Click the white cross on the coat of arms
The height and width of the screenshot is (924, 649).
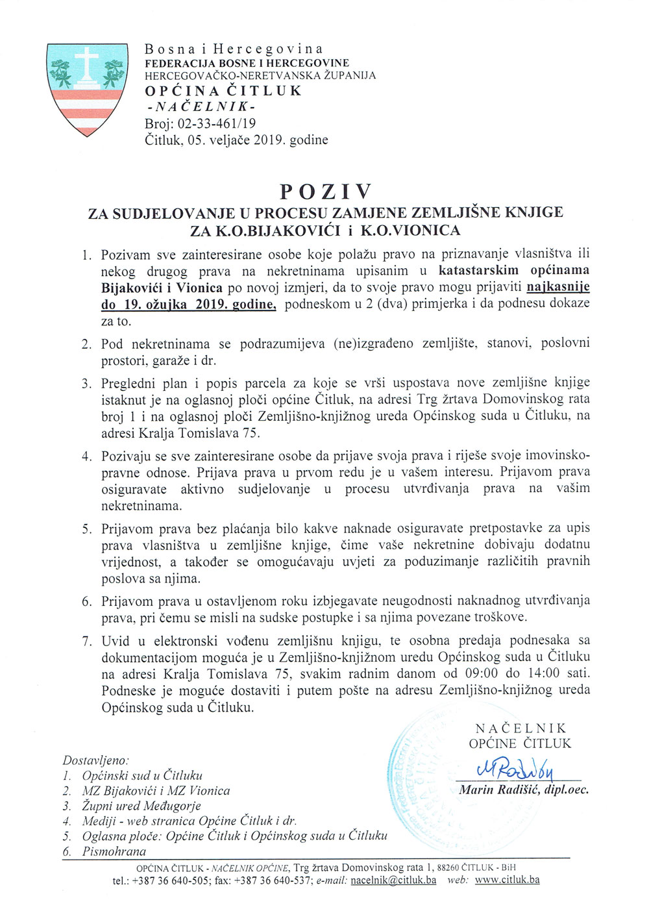click(x=87, y=65)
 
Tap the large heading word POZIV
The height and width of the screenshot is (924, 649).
click(x=326, y=192)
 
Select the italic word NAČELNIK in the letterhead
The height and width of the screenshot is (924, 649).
click(x=201, y=106)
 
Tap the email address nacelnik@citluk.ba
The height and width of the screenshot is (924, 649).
click(x=393, y=880)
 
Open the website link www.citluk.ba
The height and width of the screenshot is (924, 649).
click(x=507, y=880)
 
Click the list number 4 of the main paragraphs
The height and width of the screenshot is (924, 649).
click(x=86, y=456)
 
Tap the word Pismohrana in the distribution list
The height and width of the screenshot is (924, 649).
click(x=114, y=851)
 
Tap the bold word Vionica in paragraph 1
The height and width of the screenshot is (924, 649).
click(x=201, y=287)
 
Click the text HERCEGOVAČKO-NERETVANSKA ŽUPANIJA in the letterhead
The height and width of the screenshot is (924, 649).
click(x=260, y=75)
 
